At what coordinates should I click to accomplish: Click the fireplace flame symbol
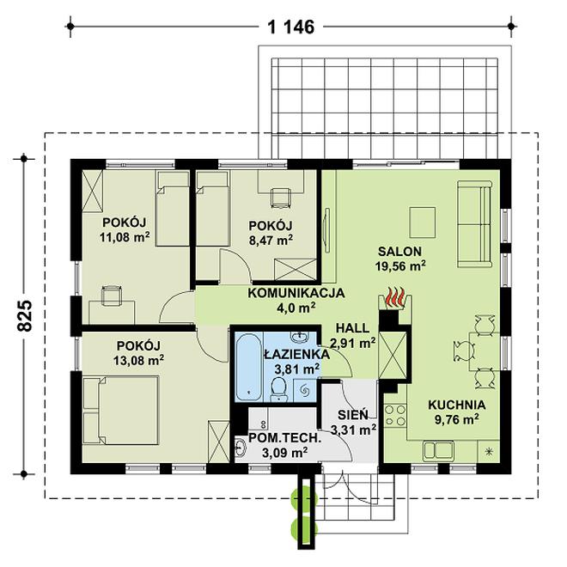[x=395, y=297]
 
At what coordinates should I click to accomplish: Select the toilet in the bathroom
[x=278, y=388]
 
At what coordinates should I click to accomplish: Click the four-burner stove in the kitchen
[x=395, y=416]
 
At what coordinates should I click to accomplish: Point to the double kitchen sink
[x=438, y=450]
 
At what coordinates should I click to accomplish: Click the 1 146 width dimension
[x=290, y=27]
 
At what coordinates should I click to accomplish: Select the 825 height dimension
[x=25, y=315]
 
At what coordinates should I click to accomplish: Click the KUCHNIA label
[x=457, y=405]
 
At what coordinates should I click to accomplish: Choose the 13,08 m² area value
[x=138, y=360]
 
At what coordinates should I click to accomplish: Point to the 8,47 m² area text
[x=271, y=240]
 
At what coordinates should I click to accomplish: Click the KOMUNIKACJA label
[x=296, y=293]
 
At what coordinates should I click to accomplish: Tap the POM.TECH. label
[x=285, y=438]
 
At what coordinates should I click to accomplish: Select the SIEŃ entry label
[x=353, y=414]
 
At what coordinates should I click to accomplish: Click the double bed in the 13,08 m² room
[x=121, y=411]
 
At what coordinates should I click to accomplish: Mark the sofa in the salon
[x=474, y=224]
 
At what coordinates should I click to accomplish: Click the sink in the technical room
[x=240, y=448]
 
